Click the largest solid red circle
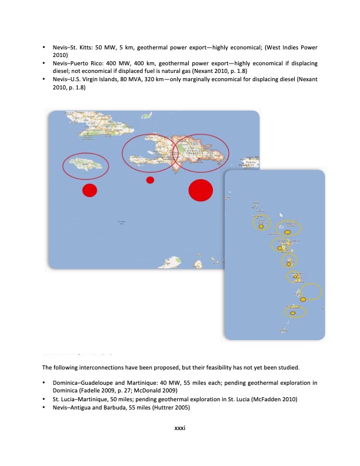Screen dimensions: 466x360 click(x=200, y=190)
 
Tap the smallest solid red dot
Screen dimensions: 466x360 click(x=150, y=179)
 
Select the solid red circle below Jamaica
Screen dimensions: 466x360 click(x=89, y=190)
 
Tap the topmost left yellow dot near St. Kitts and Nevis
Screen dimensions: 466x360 click(x=261, y=226)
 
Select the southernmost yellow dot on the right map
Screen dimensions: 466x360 click(x=292, y=314)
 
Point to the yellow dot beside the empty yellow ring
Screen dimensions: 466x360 click(x=303, y=299)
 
